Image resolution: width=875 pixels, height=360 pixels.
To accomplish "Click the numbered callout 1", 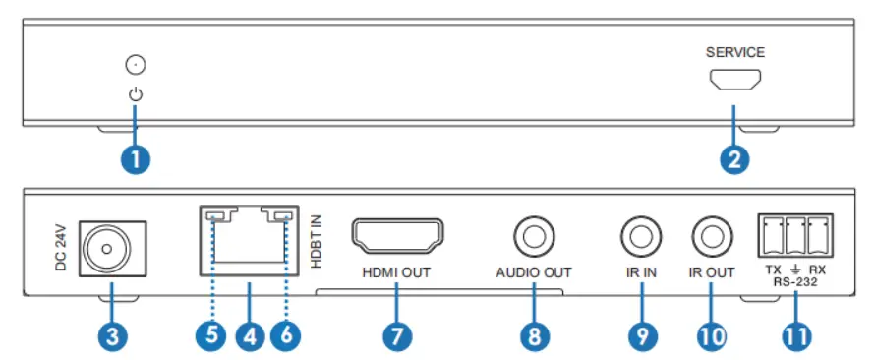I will (136, 158).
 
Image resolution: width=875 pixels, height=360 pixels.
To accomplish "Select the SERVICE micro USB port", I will (734, 83).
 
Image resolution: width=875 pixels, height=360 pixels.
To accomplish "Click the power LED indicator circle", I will (137, 67).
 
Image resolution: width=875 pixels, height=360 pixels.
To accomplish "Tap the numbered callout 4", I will (249, 334).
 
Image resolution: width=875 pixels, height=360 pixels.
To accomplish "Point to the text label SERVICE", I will (734, 52).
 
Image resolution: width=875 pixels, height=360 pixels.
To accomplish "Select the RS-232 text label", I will (794, 281).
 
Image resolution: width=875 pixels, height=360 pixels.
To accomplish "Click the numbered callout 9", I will (640, 334).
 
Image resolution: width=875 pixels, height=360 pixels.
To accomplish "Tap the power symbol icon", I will (136, 95).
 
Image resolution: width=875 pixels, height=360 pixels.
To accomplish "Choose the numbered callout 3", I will (111, 334).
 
